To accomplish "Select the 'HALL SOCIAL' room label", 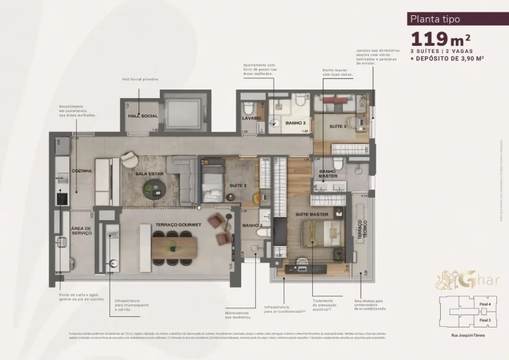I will pyautogui.click(x=142, y=116).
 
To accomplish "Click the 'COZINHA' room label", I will pyautogui.click(x=82, y=170).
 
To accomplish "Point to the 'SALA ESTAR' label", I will pyautogui.click(x=149, y=174).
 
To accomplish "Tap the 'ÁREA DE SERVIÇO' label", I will pyautogui.click(x=82, y=231).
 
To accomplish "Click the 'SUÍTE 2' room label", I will pyautogui.click(x=238, y=186).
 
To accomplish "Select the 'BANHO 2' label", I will pyautogui.click(x=252, y=225).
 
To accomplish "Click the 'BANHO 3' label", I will pyautogui.click(x=295, y=123).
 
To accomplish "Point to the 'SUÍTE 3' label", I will pyautogui.click(x=338, y=126).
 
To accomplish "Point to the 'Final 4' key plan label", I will pyautogui.click(x=484, y=304).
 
